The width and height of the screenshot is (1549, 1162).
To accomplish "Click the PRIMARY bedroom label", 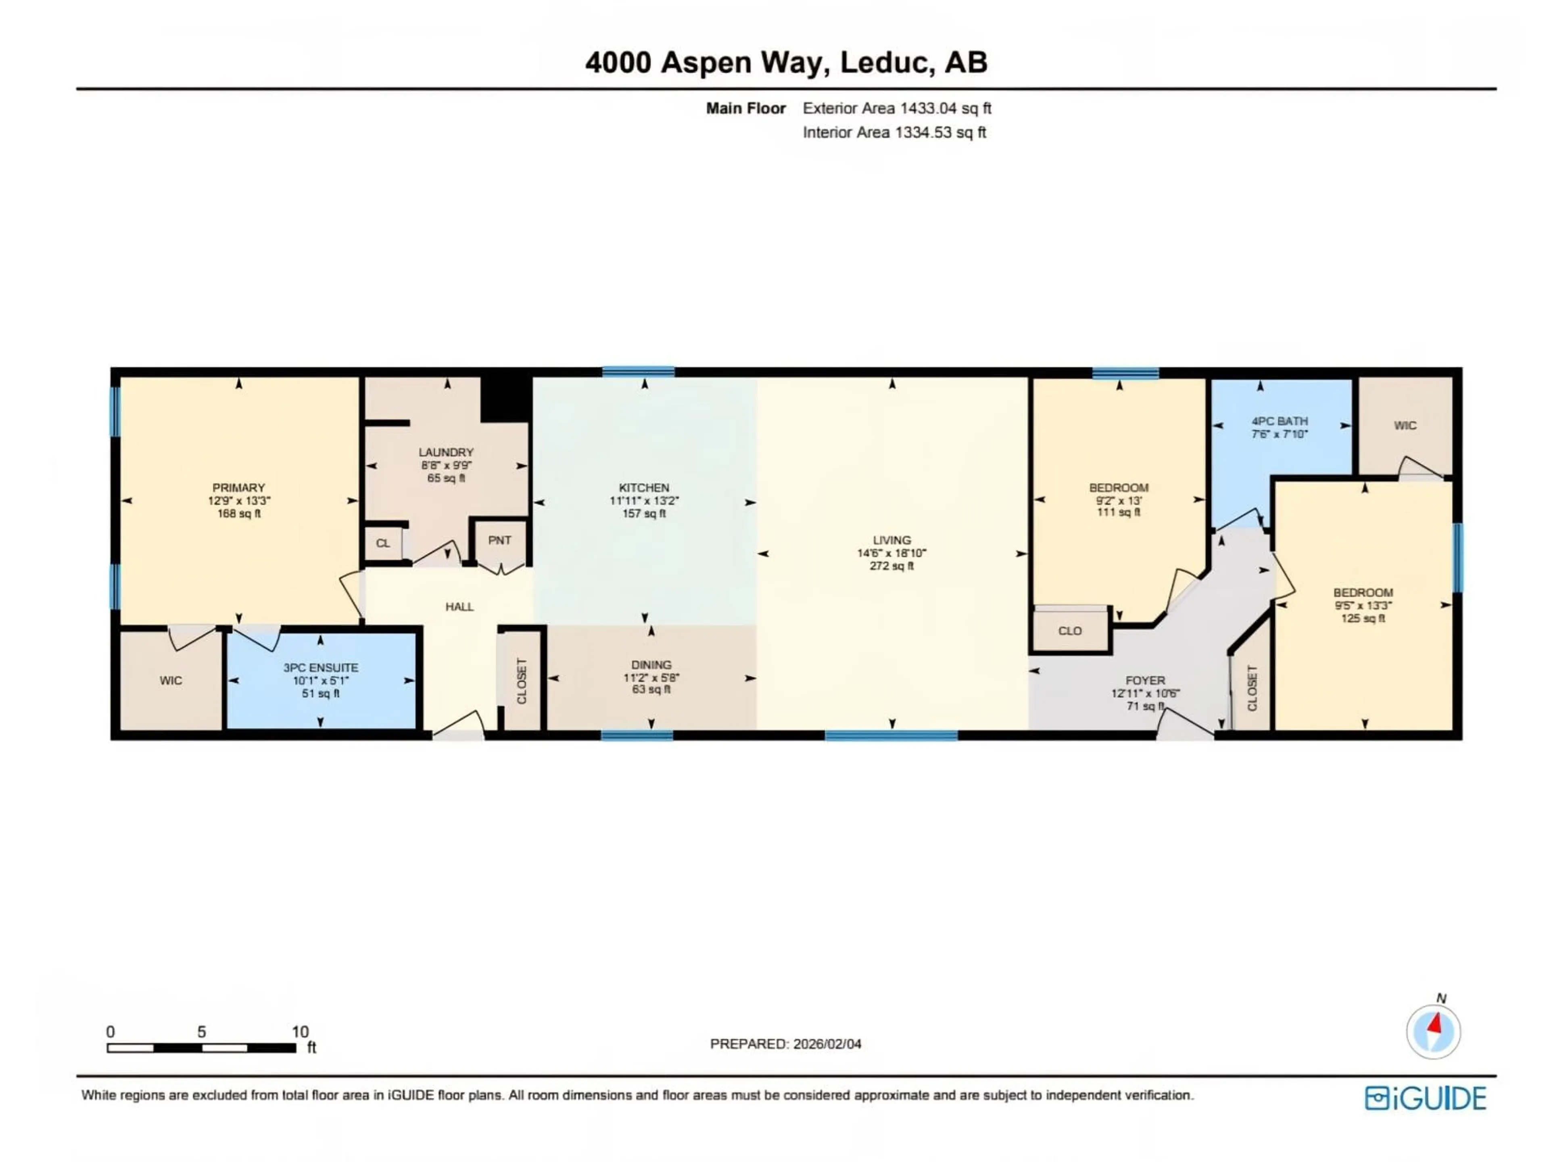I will [239, 487].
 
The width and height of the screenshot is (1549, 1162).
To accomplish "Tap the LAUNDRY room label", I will [446, 452].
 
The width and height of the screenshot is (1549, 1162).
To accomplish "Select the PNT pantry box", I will [499, 541].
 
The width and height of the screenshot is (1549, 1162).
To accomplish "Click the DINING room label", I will [651, 665].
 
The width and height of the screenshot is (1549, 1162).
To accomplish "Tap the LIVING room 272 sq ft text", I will [891, 566].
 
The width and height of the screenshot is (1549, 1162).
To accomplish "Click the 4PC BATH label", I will [1280, 421].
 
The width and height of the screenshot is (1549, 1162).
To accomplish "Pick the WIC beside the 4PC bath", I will [1405, 426].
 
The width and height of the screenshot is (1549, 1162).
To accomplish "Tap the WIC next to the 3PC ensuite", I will [171, 681].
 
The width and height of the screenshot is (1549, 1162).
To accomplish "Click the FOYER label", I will [1145, 680].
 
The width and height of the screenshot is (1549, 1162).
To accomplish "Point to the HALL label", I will [459, 606].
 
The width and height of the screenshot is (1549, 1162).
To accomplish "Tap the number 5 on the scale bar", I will [202, 1032].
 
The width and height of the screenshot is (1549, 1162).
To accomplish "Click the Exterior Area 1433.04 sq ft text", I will [896, 109].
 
